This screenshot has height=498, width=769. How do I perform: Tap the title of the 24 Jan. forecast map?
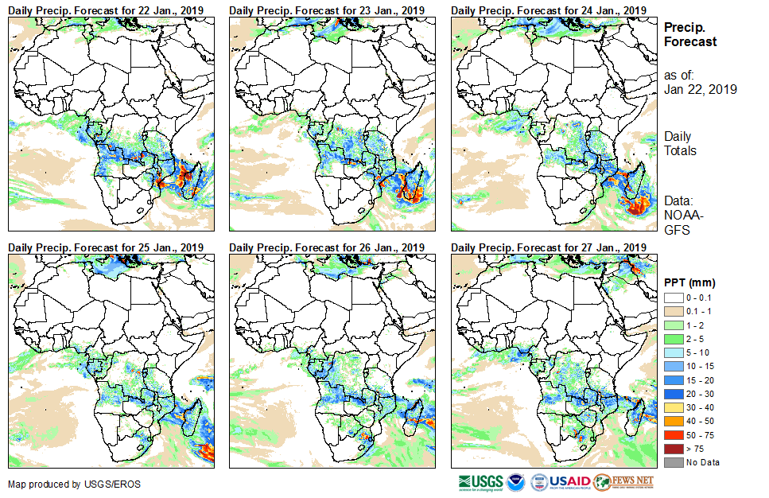tap(548, 10)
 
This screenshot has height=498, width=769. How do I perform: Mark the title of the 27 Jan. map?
tap(548, 248)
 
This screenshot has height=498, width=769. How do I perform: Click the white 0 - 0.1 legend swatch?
tap(673, 297)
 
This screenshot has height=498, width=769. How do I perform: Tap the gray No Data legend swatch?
tap(673, 462)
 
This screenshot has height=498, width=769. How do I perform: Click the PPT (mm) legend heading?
tap(690, 282)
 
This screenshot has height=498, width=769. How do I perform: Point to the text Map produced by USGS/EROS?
tap(67, 484)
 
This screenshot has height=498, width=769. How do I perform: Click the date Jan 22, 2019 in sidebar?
tap(700, 89)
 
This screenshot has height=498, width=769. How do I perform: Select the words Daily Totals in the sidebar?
tap(680, 143)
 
